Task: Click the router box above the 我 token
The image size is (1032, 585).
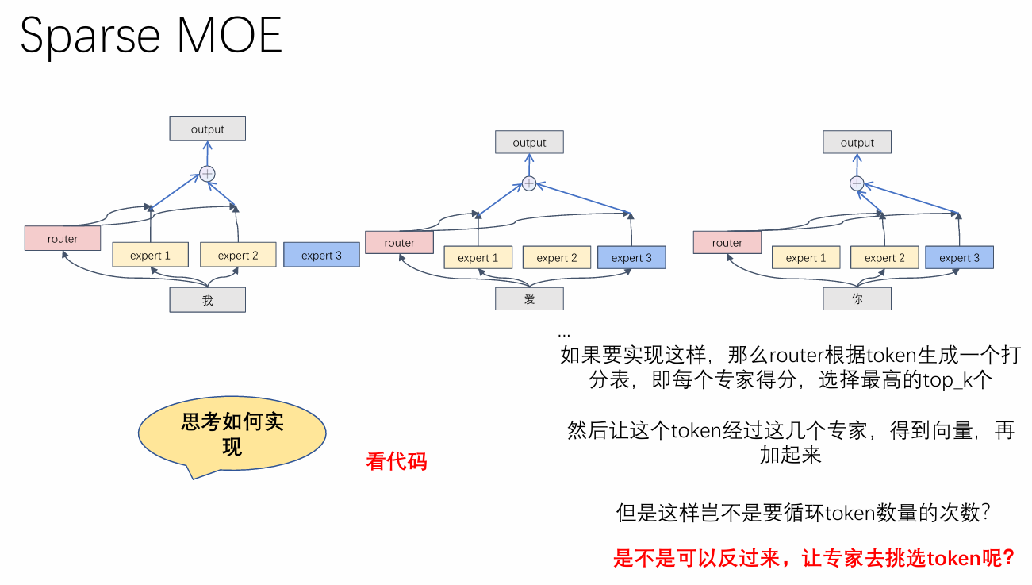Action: [x=63, y=238]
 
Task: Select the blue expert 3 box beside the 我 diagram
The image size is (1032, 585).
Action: [x=321, y=255]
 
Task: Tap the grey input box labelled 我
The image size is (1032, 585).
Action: [x=208, y=300]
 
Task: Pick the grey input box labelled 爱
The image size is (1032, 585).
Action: [x=529, y=298]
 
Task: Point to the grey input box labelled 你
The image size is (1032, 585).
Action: [x=857, y=299]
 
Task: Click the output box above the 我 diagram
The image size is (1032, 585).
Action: [x=208, y=129]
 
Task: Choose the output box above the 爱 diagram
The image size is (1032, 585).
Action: [x=529, y=143]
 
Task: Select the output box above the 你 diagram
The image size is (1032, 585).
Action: [x=857, y=143]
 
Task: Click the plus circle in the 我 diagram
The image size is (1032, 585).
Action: [x=207, y=173]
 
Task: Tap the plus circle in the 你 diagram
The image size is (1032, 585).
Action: [x=857, y=183]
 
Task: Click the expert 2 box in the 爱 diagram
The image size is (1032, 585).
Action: [x=556, y=257]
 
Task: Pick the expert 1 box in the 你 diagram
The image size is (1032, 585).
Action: [x=805, y=257]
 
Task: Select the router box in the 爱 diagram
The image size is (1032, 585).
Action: [x=399, y=243]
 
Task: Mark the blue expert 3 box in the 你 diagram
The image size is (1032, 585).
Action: [x=959, y=257]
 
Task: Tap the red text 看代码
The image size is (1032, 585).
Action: [x=397, y=461]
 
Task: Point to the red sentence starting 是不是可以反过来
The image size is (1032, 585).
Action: [x=814, y=558]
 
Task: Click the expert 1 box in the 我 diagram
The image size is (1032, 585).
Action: [x=150, y=255]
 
